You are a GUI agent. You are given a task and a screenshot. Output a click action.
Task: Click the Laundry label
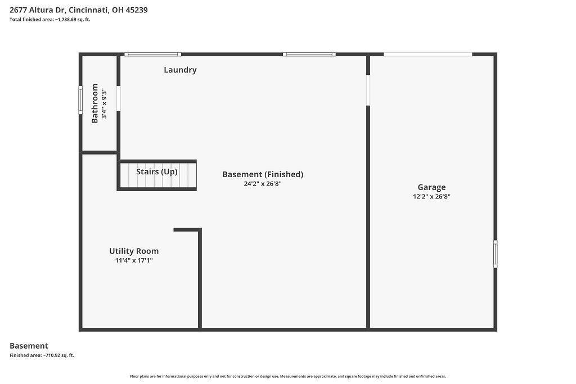180,70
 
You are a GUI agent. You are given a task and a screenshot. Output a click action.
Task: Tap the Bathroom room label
94,103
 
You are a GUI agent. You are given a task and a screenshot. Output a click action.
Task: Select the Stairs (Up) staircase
157,175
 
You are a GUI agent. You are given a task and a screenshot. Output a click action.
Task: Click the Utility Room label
134,251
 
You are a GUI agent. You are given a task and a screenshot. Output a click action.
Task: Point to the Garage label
431,187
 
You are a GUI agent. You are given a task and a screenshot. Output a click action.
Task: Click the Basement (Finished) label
263,174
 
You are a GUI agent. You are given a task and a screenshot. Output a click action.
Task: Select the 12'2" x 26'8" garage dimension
431,196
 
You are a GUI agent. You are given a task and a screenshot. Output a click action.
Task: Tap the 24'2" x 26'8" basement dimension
263,183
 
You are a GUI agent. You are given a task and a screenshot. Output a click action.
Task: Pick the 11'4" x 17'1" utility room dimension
134,260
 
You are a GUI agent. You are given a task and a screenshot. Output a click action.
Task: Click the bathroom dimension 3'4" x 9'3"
104,103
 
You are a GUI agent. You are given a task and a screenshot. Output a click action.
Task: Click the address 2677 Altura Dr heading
79,10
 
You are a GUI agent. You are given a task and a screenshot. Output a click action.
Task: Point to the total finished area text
50,20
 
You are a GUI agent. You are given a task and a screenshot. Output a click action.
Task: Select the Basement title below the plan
29,346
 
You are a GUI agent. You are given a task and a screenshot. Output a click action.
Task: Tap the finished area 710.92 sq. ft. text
42,355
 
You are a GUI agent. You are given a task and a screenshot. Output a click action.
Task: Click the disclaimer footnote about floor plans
288,376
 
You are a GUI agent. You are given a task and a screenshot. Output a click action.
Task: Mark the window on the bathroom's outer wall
80,100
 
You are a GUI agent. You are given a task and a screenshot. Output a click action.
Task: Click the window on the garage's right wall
495,254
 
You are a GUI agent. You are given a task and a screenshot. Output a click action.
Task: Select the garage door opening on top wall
428,55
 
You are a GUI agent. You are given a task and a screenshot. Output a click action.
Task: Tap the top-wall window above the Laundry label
152,55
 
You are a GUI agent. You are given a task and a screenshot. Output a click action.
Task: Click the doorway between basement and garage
368,91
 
